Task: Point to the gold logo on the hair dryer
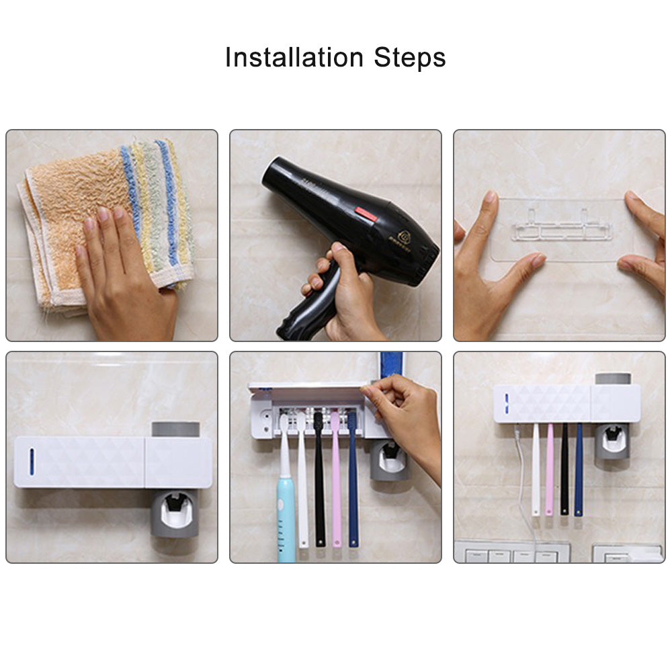click(x=405, y=237)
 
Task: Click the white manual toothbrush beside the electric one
click(x=302, y=491)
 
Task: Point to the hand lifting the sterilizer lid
click(x=403, y=417)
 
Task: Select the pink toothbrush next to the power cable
click(x=549, y=470)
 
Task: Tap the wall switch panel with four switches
click(x=511, y=555)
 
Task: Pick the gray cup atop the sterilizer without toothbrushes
click(x=175, y=429)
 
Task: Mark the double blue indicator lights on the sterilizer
click(x=505, y=403)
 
